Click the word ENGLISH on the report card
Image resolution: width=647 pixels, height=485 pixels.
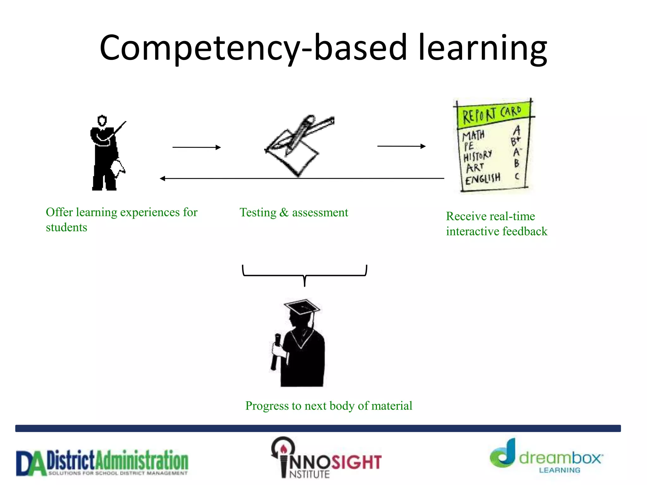click(x=482, y=179)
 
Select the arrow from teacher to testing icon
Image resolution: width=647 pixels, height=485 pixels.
click(x=196, y=147)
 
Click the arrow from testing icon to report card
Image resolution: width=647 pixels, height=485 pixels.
click(x=401, y=146)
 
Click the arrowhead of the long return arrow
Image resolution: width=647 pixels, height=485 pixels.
click(x=163, y=178)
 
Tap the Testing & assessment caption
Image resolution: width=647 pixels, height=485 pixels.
click(x=293, y=213)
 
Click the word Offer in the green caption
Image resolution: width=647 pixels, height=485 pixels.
click(x=59, y=212)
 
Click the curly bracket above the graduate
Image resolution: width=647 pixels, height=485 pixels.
click(x=305, y=275)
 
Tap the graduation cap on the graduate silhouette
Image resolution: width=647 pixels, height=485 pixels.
click(x=301, y=306)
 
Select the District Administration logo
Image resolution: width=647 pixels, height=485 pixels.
click(x=102, y=462)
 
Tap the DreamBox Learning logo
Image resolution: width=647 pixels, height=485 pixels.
click(x=546, y=458)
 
